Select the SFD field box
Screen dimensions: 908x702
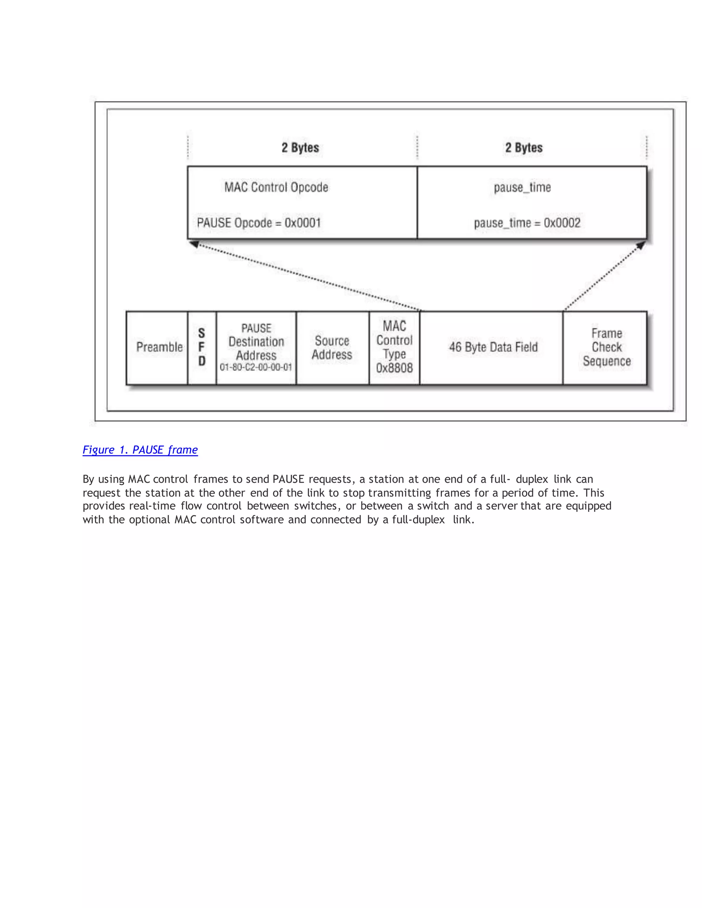[x=202, y=347]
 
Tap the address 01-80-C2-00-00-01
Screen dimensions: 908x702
[x=256, y=367]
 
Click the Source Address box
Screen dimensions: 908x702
[x=332, y=347]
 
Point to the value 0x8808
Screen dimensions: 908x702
[x=394, y=368]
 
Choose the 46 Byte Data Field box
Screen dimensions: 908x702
[x=493, y=347]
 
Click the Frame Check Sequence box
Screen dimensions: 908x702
[x=606, y=347]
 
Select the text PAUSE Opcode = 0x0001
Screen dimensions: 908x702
[x=259, y=223]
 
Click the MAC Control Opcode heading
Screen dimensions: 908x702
[x=276, y=187]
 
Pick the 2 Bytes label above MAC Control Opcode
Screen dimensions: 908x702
[x=300, y=148]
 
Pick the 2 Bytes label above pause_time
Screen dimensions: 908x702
[x=524, y=148]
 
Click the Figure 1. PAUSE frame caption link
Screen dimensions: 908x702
[x=140, y=450]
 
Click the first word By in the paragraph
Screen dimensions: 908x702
[x=88, y=479]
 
